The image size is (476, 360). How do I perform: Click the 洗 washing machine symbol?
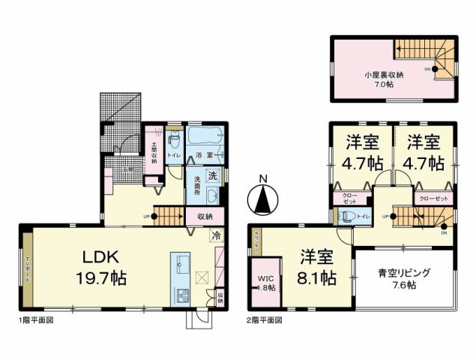coord(212,177)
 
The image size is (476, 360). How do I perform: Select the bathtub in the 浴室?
coord(203,138)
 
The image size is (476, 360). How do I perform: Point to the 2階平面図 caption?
coord(265,319)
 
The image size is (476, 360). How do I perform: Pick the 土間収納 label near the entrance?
coord(153,153)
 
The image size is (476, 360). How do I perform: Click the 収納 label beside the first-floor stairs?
coord(205,217)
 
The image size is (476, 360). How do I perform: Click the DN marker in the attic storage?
coord(428,69)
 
